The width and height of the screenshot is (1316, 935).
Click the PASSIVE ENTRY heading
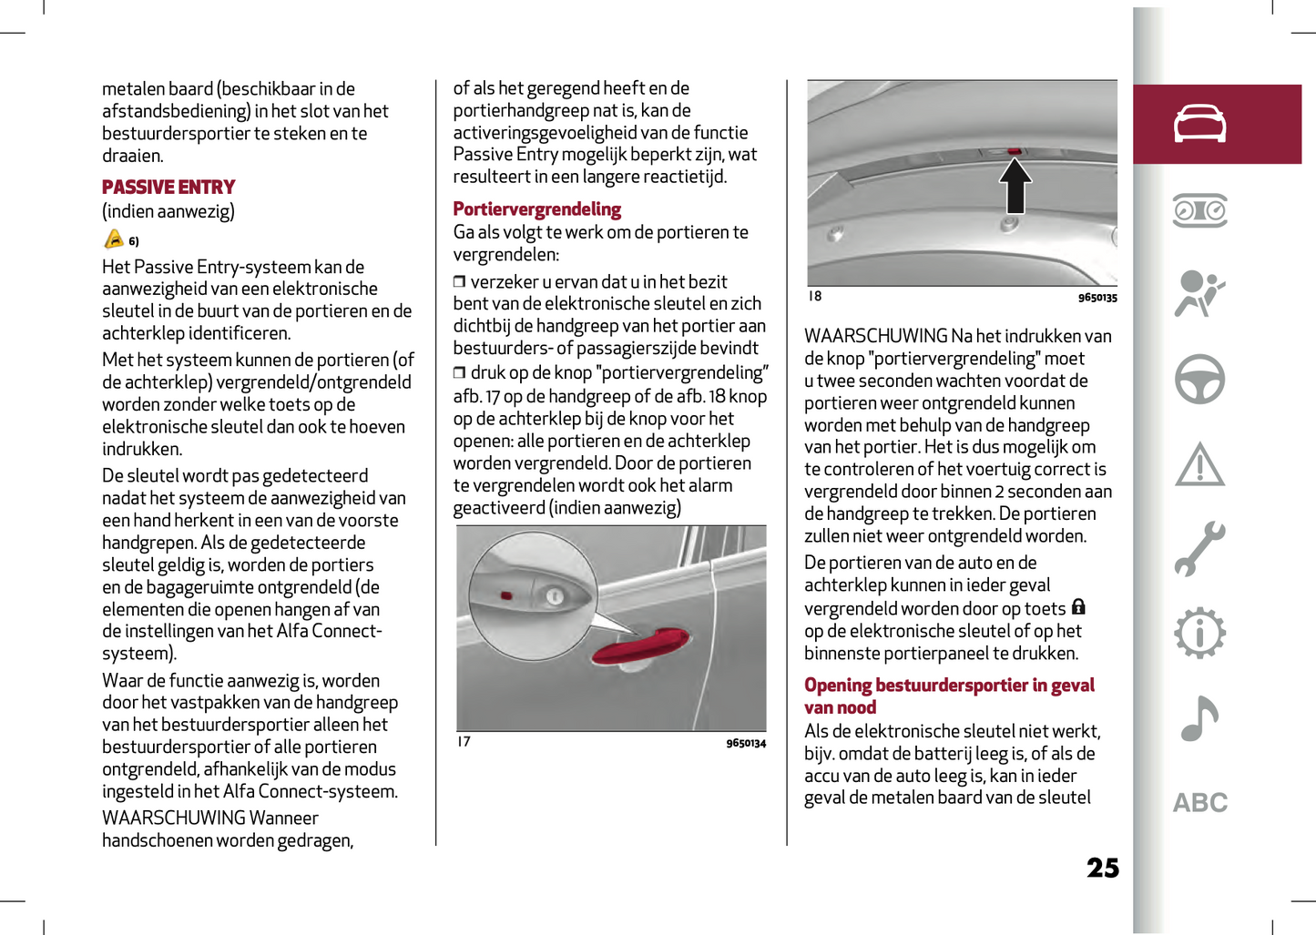(x=168, y=188)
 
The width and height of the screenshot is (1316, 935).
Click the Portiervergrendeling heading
(x=536, y=209)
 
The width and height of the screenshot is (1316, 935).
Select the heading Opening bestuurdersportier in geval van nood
(x=948, y=696)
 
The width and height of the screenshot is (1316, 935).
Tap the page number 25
(x=1102, y=868)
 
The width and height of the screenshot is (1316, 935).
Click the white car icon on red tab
(x=1199, y=124)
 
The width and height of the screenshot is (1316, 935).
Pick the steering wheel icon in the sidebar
(x=1199, y=379)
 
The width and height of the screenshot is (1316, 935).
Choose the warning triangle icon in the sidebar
(x=1199, y=464)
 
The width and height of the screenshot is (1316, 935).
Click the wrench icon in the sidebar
(x=1199, y=549)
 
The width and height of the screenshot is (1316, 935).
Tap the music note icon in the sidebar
(x=1199, y=718)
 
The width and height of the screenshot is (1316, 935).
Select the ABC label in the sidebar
(x=1199, y=803)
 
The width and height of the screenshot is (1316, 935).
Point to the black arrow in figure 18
(x=1015, y=186)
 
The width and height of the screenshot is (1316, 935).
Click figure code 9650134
(x=746, y=744)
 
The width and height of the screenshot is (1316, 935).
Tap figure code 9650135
(x=1097, y=298)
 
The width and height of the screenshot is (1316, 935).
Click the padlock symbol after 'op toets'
(x=1078, y=607)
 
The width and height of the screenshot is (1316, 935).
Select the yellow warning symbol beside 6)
(x=114, y=239)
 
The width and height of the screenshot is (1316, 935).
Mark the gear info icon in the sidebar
(x=1199, y=633)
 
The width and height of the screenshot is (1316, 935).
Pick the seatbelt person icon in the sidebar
(x=1199, y=293)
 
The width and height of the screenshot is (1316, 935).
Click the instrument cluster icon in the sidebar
(x=1199, y=210)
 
